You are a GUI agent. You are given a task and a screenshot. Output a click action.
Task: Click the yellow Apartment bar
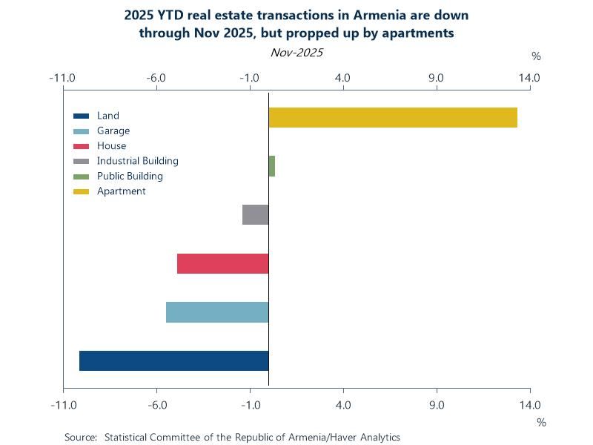393,117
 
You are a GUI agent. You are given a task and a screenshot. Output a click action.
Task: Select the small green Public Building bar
272,166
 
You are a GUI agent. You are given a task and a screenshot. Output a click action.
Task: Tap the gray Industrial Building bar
256,214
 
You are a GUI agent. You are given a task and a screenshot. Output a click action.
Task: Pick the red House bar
222,263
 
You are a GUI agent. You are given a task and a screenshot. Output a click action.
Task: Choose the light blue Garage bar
217,312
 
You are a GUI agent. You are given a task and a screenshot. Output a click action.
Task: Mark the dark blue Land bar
173,360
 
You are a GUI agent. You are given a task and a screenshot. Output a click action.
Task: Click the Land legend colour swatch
82,116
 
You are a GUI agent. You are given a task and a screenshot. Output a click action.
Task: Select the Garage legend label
113,131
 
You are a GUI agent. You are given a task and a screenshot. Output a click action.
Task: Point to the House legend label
111,146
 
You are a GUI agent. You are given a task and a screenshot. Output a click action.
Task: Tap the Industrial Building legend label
137,161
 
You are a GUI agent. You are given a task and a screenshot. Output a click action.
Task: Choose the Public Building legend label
130,177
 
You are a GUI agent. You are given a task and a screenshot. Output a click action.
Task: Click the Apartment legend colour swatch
82,191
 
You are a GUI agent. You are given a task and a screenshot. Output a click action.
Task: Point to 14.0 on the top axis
530,77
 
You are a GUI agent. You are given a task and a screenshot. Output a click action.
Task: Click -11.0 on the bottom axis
63,404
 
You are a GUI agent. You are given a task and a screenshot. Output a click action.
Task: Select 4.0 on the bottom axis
343,404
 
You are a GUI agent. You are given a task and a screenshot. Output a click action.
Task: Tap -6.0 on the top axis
156,77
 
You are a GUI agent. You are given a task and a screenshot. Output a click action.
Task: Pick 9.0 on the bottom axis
437,404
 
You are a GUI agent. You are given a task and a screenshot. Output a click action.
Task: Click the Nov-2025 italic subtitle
296,53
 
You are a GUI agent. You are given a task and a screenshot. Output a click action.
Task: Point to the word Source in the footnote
80,437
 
